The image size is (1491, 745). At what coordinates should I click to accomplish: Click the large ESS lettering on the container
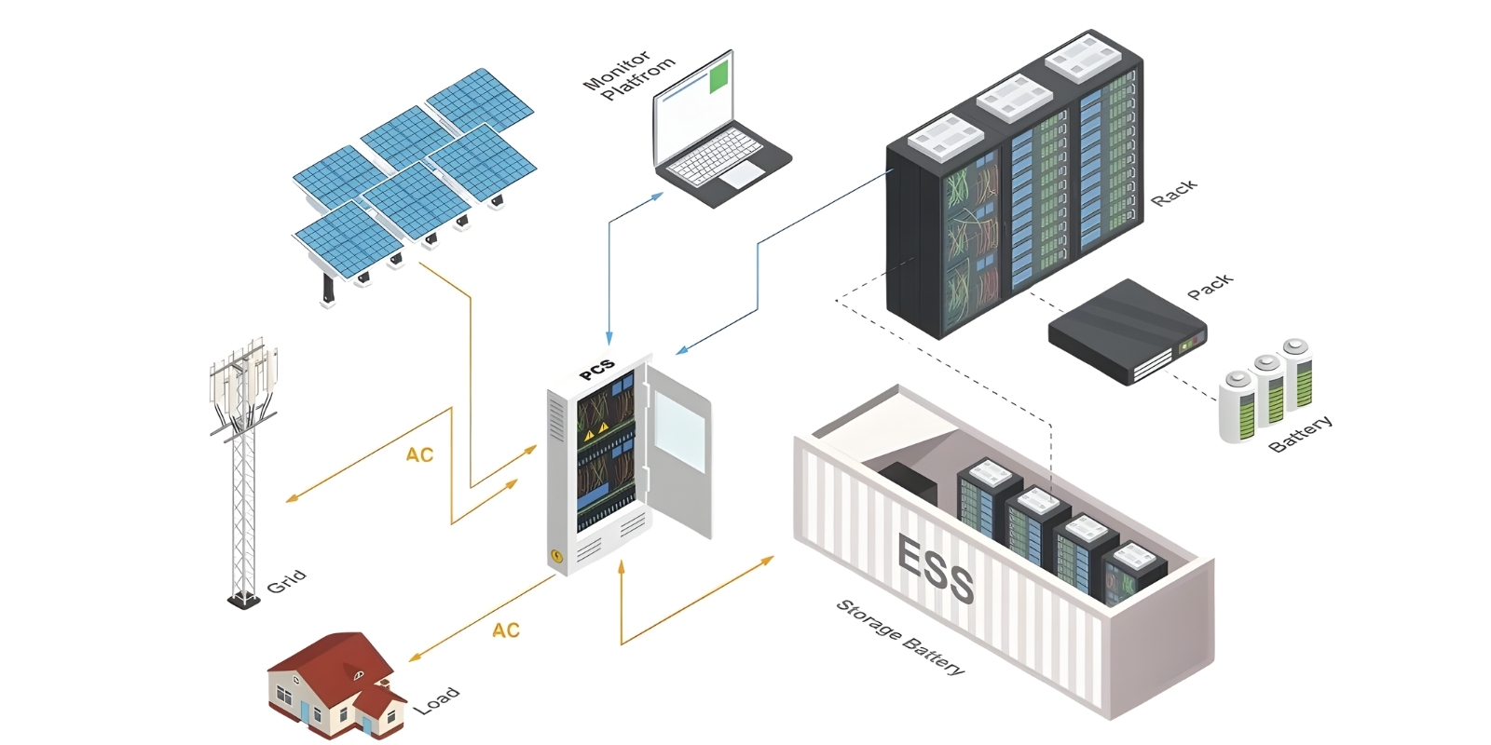pyautogui.click(x=935, y=568)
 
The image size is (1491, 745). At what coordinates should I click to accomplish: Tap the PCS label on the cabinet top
pyautogui.click(x=596, y=369)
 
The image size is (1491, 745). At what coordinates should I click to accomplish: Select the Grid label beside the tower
pyautogui.click(x=286, y=581)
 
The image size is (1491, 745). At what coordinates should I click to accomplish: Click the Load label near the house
pyautogui.click(x=436, y=699)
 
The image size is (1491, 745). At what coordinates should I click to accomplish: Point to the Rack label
pyautogui.click(x=1173, y=193)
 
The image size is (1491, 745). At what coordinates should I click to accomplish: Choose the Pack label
pyautogui.click(x=1211, y=286)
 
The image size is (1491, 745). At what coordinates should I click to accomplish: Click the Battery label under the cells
pyautogui.click(x=1301, y=433)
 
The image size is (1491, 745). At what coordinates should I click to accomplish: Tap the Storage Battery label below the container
pyautogui.click(x=900, y=637)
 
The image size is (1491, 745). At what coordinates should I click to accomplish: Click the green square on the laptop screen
pyautogui.click(x=718, y=78)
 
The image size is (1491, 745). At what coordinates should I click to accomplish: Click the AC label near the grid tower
pyautogui.click(x=419, y=454)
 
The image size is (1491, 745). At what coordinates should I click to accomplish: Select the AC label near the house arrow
pyautogui.click(x=506, y=630)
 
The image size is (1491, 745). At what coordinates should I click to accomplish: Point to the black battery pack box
pyautogui.click(x=1127, y=331)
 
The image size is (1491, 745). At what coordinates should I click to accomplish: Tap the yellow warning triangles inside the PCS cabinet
pyautogui.click(x=595, y=429)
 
